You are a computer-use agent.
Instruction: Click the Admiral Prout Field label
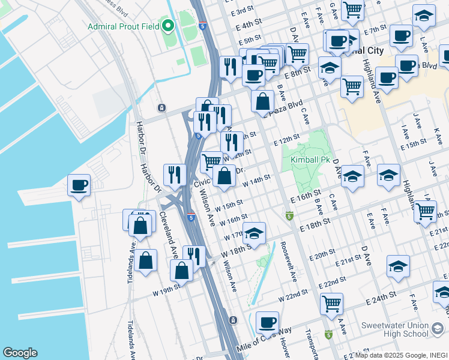[x=123, y=26]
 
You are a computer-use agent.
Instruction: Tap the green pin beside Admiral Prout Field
[x=168, y=26]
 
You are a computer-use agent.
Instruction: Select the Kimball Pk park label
[x=310, y=160]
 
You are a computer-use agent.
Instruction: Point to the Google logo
[x=20, y=353]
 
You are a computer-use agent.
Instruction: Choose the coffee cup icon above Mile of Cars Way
[x=267, y=322]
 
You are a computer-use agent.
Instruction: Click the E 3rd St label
[x=243, y=12]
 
